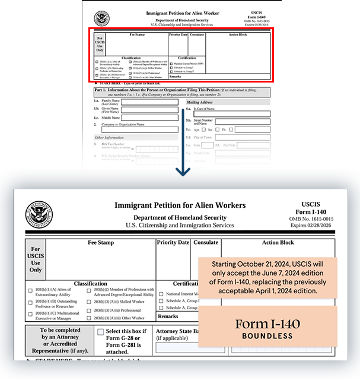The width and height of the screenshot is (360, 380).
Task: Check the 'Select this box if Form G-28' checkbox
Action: [100, 331]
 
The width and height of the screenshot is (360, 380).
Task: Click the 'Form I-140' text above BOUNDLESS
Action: [267, 324]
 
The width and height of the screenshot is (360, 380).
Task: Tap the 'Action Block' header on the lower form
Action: [278, 242]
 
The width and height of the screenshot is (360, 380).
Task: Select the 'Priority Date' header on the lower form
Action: [173, 242]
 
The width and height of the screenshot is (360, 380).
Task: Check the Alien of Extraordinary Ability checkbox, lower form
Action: [30, 290]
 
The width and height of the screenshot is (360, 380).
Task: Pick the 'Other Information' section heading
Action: [109, 138]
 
